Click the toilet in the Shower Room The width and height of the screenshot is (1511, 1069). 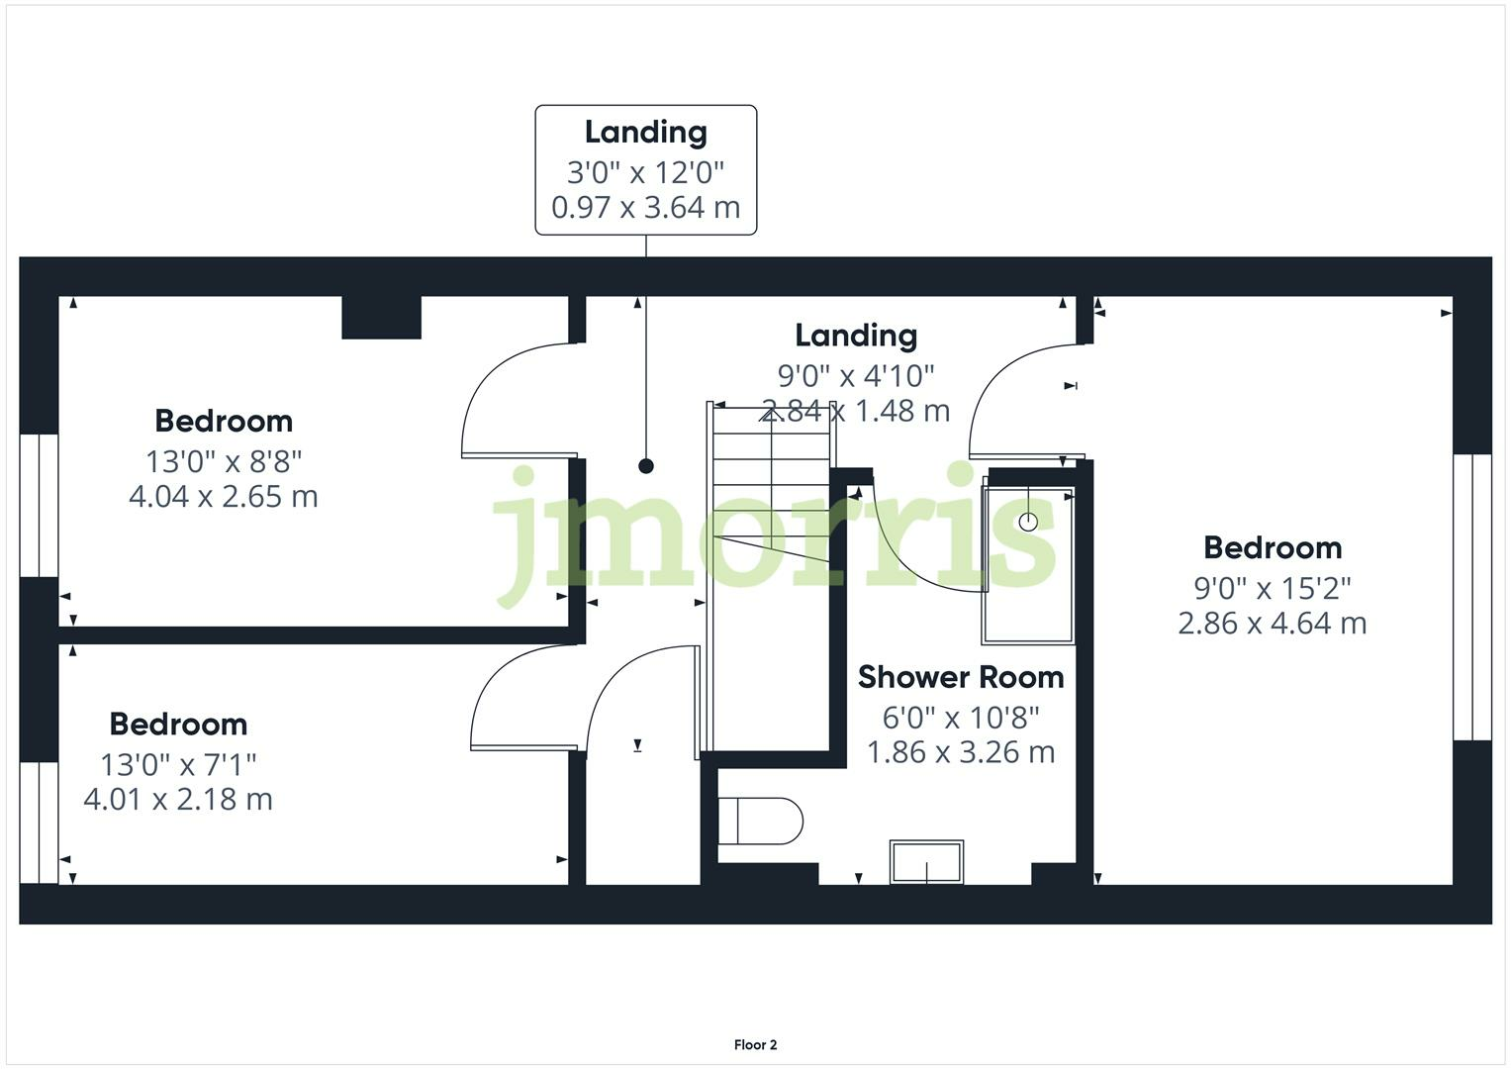(759, 822)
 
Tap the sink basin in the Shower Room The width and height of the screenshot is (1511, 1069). (926, 862)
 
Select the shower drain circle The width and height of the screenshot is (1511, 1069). (1028, 521)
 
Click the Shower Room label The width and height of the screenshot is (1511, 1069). (960, 677)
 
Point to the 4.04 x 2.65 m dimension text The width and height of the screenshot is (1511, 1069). (224, 496)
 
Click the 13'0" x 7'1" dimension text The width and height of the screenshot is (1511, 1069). (178, 764)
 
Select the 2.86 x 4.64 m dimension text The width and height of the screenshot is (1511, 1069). (1272, 623)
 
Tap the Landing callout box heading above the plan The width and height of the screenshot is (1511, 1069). (645, 132)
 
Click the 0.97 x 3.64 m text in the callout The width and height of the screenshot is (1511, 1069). (645, 207)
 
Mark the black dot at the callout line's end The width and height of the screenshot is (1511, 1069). (646, 466)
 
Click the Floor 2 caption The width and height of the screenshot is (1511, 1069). (755, 1044)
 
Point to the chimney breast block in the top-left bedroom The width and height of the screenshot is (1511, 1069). (381, 318)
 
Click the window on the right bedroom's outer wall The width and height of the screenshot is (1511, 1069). (1472, 597)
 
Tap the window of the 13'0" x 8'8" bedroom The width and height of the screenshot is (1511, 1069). (39, 505)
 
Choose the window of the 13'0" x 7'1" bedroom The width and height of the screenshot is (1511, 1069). (39, 822)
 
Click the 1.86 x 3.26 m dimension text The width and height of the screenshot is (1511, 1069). (960, 752)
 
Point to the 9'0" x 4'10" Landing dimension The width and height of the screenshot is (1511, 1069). (856, 376)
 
